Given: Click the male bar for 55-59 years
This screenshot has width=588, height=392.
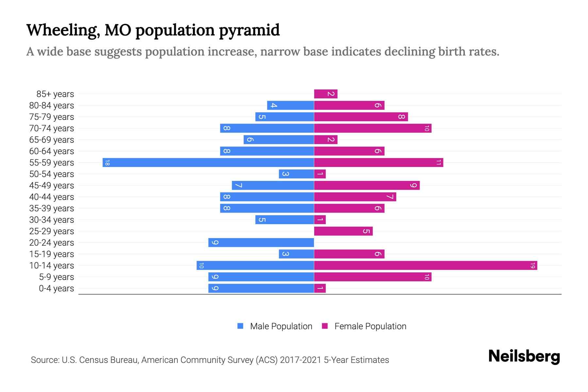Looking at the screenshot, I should click(x=208, y=162).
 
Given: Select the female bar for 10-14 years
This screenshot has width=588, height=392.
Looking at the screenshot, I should click(x=425, y=265).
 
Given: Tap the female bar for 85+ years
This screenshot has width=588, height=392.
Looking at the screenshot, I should click(x=326, y=94).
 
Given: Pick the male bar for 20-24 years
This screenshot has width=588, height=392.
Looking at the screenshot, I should click(x=261, y=242).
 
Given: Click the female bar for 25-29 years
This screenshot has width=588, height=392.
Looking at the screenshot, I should click(x=343, y=231).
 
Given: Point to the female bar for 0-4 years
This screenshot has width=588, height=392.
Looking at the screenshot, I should click(x=320, y=288).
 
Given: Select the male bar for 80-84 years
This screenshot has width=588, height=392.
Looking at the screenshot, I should click(x=290, y=105).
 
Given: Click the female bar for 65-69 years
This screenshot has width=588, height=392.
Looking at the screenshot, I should click(x=326, y=139).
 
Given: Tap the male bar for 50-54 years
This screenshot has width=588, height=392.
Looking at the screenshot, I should click(x=296, y=174).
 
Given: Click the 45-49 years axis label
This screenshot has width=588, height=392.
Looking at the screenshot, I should click(x=52, y=186).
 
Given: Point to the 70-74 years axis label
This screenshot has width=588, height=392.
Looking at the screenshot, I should click(x=52, y=128).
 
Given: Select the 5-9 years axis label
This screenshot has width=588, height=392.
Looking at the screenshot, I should click(x=56, y=277).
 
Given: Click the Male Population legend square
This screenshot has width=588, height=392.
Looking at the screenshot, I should click(x=240, y=326).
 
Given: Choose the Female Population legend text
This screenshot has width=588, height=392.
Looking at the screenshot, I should click(x=370, y=326).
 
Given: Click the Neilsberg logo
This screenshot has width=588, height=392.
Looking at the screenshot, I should click(x=524, y=356).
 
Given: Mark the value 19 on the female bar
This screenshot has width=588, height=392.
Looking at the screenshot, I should click(x=532, y=265).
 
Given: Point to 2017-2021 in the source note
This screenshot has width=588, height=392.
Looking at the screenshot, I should click(x=301, y=360).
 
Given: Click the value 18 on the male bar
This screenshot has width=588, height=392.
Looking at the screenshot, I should click(x=107, y=162).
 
